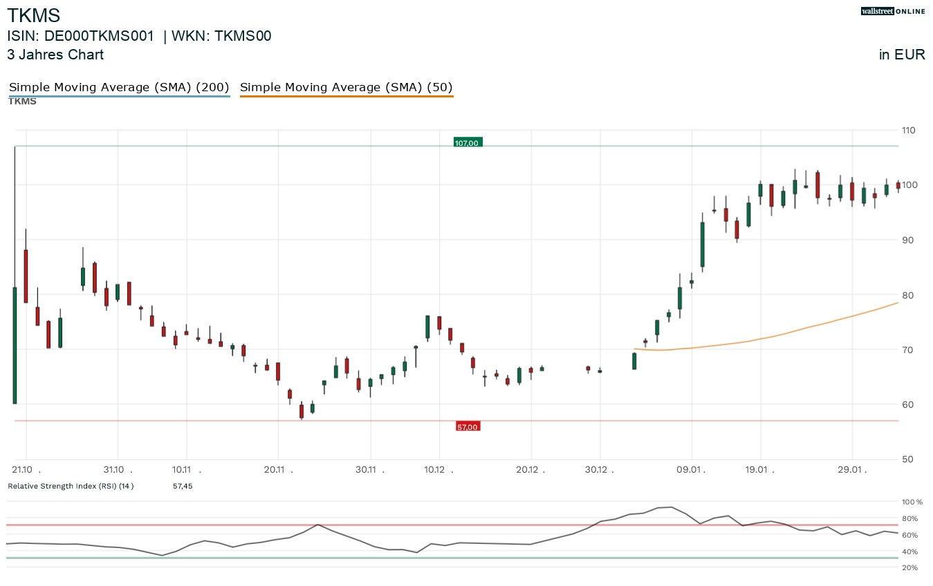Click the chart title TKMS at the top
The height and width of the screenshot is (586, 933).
coord(33,15)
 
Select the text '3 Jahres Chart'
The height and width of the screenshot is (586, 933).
coord(55,55)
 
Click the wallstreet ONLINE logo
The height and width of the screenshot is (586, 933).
coord(892,11)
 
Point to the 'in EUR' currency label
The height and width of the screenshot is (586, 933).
coord(901,55)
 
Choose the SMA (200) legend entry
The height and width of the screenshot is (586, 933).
coord(119,87)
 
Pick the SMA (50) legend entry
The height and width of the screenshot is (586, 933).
coord(346,87)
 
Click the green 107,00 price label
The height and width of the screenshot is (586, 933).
coord(467,143)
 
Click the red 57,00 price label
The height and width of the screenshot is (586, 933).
coord(468,427)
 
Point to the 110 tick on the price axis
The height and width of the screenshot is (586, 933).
coord(907,131)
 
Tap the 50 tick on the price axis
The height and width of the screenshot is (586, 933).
coord(907,460)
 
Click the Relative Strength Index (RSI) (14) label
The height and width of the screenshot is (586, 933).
coord(71,486)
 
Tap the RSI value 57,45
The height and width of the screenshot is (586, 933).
coord(183,486)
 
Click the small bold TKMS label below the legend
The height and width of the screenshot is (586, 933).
coord(22,102)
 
